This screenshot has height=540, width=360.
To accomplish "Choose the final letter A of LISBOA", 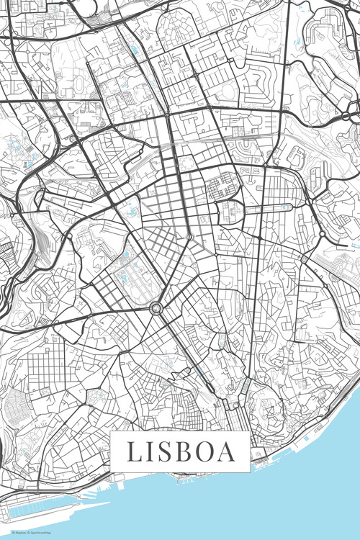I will coord(228,451).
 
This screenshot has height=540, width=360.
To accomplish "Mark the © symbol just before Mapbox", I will coord(5,534).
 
